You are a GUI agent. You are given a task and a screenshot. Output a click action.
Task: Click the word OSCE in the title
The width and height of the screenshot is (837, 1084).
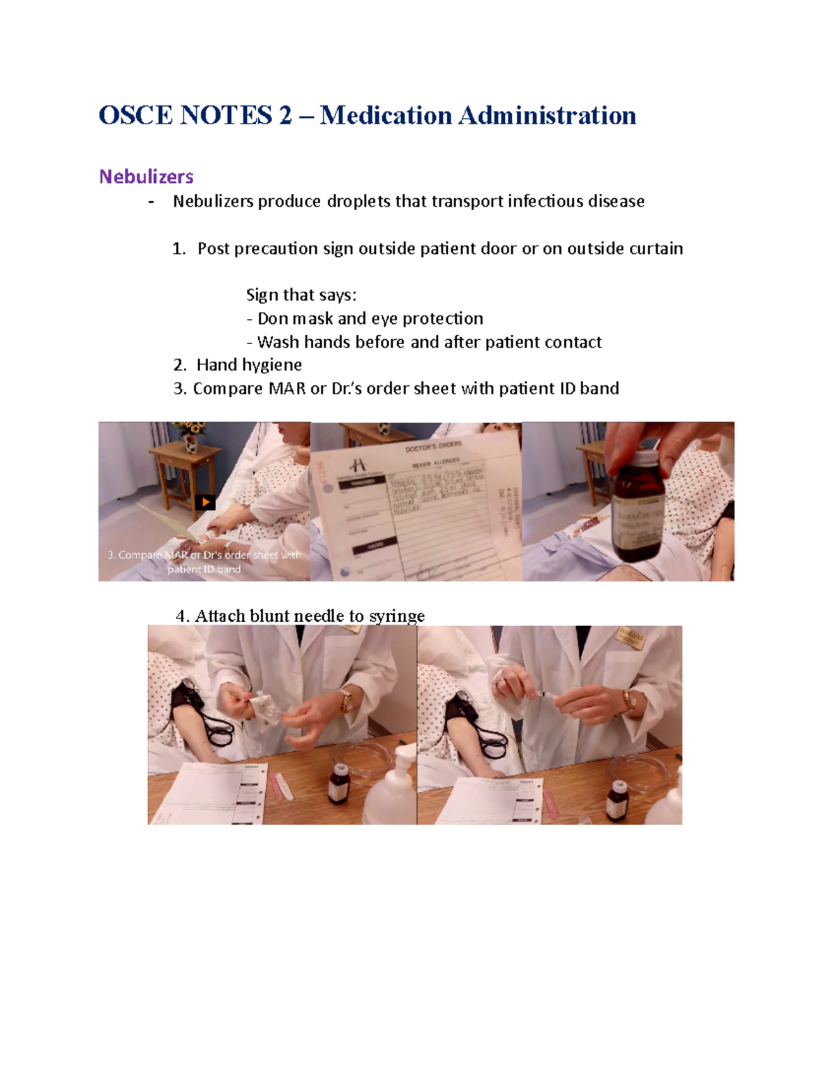pos(135,116)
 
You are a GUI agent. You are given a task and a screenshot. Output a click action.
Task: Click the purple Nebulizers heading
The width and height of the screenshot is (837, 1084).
pos(146,177)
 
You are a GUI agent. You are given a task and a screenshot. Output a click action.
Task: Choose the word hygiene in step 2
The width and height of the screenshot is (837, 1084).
pos(271,365)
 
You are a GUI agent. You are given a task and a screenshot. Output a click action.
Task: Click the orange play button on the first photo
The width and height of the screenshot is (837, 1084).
pos(205,502)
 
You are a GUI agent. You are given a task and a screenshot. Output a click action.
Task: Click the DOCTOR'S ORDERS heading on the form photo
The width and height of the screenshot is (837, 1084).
pos(433,447)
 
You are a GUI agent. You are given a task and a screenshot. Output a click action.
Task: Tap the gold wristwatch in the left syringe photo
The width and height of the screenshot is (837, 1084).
pos(347,701)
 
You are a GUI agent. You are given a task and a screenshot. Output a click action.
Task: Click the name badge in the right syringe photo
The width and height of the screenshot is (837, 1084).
pos(631,639)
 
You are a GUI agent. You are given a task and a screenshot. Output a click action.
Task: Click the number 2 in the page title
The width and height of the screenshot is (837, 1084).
pos(285,116)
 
